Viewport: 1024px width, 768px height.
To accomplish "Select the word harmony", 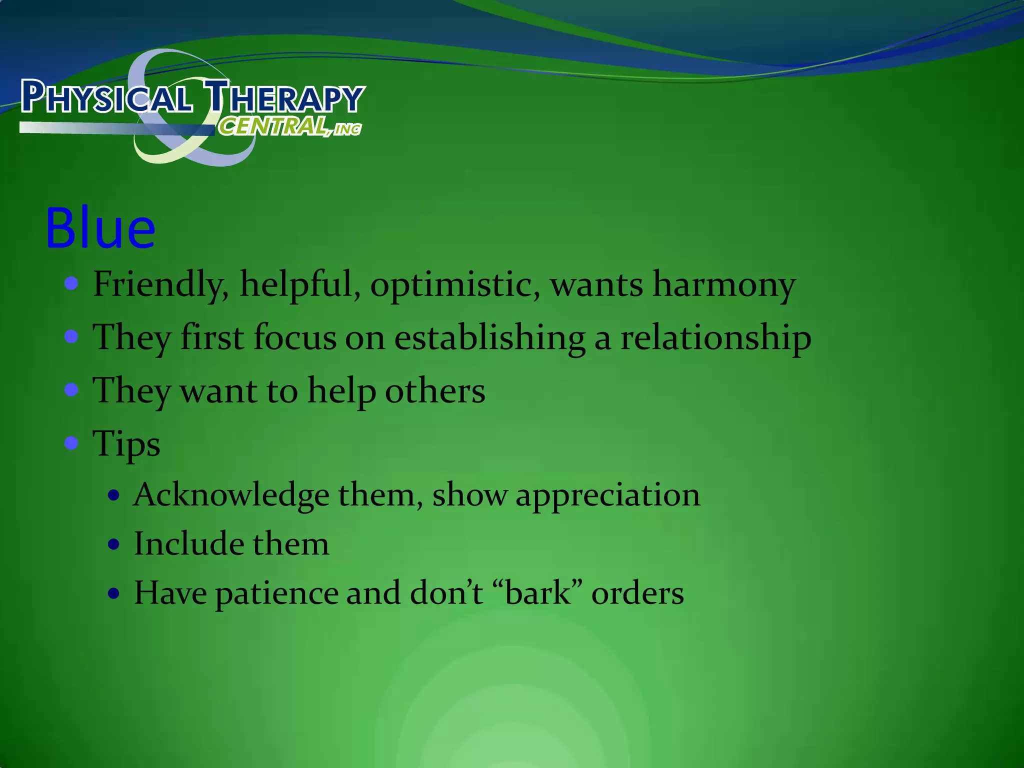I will (x=723, y=284).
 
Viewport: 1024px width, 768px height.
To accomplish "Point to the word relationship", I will (x=715, y=338).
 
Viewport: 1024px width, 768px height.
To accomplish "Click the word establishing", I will (x=489, y=338).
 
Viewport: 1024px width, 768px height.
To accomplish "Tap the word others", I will (x=434, y=390).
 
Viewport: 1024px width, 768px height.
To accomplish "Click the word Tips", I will (x=126, y=444).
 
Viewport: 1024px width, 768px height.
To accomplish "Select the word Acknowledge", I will (x=231, y=495).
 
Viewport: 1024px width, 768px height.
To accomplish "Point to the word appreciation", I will (x=607, y=495).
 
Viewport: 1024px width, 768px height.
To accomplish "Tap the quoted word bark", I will (x=538, y=593).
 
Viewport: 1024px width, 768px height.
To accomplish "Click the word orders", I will (x=637, y=593).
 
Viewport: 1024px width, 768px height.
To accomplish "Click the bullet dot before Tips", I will (x=71, y=442).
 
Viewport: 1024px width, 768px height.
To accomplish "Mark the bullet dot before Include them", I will (x=114, y=544).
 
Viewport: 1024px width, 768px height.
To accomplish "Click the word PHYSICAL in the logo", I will (x=106, y=97).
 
